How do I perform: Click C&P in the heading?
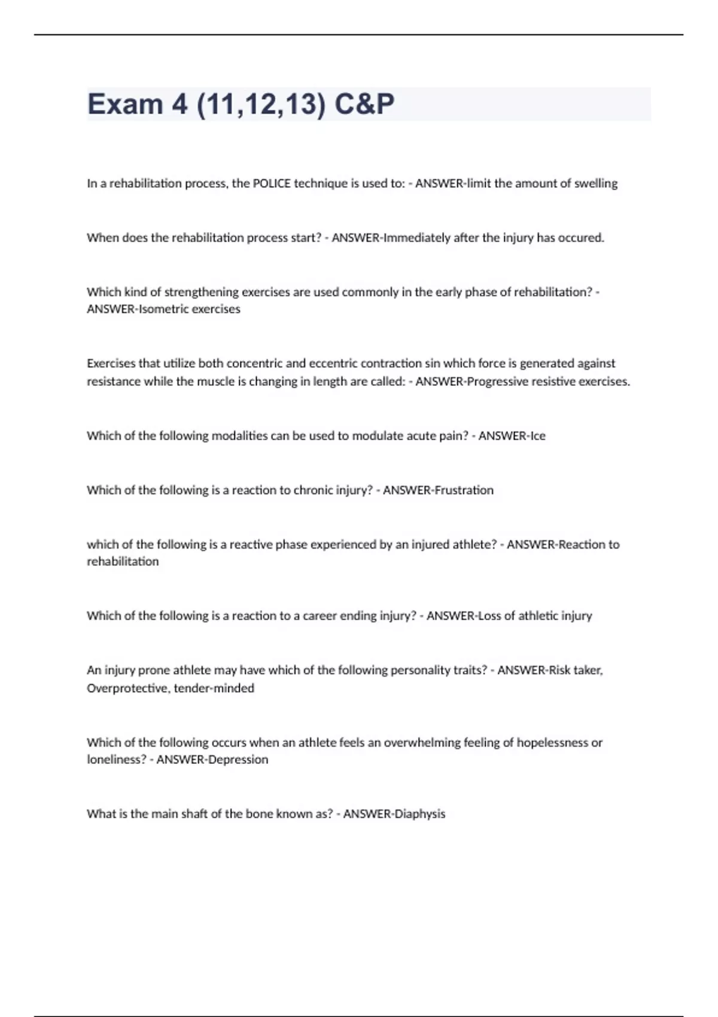click(x=364, y=104)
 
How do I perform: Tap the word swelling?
click(x=595, y=184)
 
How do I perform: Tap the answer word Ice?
click(x=538, y=436)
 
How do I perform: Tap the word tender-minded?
click(x=214, y=688)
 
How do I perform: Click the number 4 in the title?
click(x=180, y=104)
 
